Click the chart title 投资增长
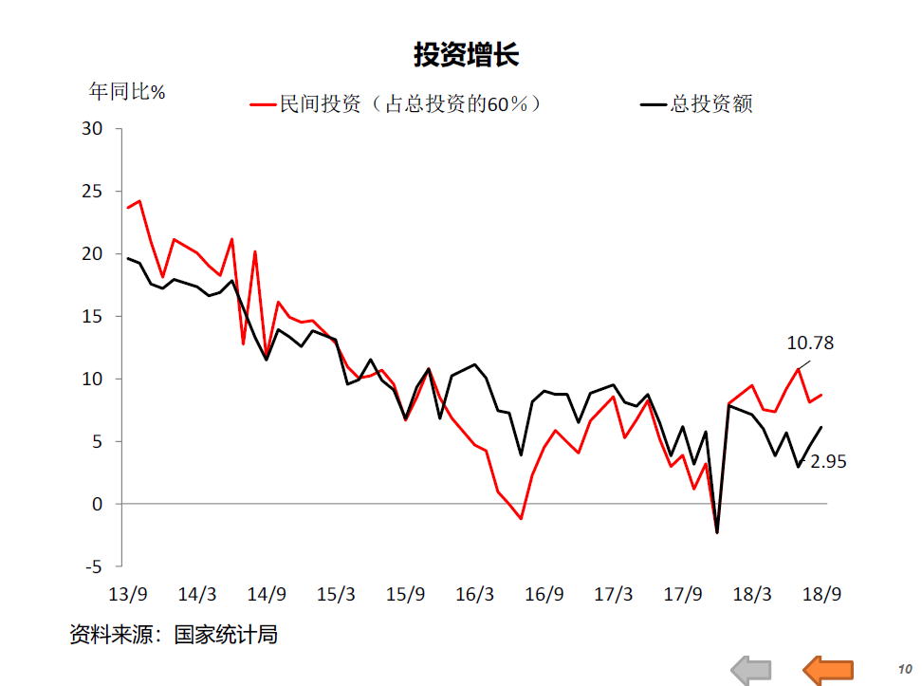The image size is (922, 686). [466, 55]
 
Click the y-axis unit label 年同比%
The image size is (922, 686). [127, 92]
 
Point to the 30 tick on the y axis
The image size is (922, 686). [92, 128]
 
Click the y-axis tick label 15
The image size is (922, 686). [92, 316]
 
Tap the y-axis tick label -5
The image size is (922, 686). [92, 566]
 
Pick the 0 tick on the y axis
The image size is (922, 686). [97, 504]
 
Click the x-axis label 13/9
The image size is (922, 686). [128, 595]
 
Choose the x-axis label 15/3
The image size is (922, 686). [336, 595]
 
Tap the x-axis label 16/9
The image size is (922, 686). [544, 595]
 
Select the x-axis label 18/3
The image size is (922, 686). [752, 595]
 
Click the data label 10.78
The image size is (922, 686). [810, 343]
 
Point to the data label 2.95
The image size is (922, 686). [827, 462]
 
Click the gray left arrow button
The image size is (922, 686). [752, 670]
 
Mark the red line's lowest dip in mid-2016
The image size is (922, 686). [521, 519]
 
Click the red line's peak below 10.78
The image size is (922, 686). [799, 369]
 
